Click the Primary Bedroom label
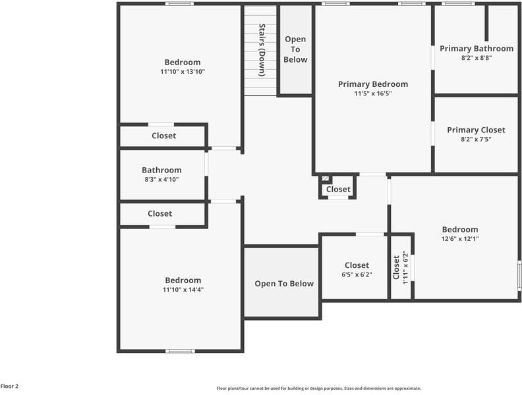(x=372, y=84)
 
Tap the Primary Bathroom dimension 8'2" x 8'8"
(x=476, y=58)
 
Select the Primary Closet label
(x=476, y=130)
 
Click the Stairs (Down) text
(x=262, y=50)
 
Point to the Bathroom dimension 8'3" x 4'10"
(x=161, y=179)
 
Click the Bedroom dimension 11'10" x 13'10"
(x=183, y=71)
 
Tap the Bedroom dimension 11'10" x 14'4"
(x=183, y=289)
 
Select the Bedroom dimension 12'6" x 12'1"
(x=459, y=238)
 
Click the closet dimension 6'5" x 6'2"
(x=357, y=275)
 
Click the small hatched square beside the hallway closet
(x=325, y=178)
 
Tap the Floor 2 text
(x=9, y=386)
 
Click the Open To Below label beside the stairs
(x=295, y=49)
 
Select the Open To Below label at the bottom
(x=284, y=284)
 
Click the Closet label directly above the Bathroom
(x=163, y=136)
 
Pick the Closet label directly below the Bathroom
(x=159, y=213)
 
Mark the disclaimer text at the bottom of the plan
(x=318, y=388)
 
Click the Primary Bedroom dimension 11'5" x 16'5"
(x=373, y=93)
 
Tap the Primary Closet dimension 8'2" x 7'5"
(x=476, y=139)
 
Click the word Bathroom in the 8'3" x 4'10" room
(x=161, y=170)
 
